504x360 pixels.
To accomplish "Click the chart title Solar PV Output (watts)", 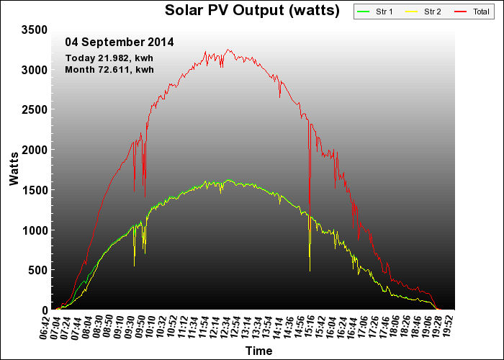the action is point(252,10).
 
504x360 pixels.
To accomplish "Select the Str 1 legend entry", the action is point(375,12).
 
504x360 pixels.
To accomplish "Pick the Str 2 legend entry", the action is point(423,12).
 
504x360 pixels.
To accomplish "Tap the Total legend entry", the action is point(472,12).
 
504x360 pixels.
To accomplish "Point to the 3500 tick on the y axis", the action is point(35,30).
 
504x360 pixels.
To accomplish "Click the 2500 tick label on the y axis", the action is point(35,109).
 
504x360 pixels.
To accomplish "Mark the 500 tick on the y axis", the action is point(37,270).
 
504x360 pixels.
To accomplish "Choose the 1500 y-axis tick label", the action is point(35,189).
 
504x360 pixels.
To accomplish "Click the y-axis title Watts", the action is point(14,169).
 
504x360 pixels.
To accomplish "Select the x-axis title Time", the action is point(258,351).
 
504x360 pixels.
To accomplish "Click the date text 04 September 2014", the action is point(120,42).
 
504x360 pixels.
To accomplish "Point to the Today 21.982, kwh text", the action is point(109,58).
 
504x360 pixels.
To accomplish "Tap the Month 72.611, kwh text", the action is point(109,69).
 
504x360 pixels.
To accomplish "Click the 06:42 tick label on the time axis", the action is point(45,328).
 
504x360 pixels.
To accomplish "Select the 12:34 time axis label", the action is point(225,328).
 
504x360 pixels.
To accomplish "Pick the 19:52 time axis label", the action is point(448,328).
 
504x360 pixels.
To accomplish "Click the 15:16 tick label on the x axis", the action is point(310,328).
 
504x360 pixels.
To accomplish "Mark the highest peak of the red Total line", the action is point(228,49).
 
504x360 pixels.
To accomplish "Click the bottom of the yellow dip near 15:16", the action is point(310,271).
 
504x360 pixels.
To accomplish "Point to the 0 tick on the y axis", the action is point(45,310).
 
